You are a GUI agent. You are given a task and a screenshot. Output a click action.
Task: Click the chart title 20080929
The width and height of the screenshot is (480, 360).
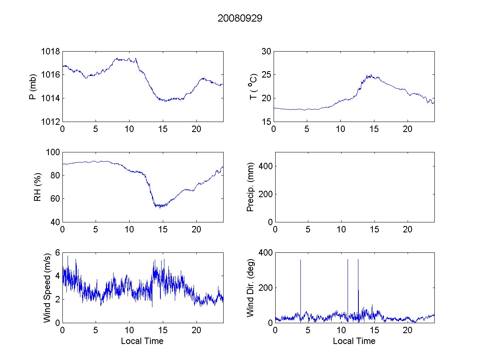[x=240, y=18]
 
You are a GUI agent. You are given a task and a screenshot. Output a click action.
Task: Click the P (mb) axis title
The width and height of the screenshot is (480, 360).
[x=33, y=86]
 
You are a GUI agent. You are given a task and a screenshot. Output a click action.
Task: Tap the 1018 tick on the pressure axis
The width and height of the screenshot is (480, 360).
[x=50, y=52]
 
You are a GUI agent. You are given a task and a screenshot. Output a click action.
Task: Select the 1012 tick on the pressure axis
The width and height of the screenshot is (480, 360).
[x=50, y=122]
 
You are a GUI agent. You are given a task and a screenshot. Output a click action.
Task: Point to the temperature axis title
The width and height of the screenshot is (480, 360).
[x=253, y=86]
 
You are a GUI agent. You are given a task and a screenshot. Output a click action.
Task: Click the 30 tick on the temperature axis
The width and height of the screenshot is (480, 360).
[x=266, y=52]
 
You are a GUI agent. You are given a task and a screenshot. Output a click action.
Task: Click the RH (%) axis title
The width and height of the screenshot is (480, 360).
[x=38, y=187]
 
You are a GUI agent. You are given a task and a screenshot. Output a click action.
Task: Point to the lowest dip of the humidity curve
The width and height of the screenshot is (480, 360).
[x=160, y=207]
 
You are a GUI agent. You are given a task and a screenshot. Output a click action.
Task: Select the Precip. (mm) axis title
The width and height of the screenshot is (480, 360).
[x=250, y=187]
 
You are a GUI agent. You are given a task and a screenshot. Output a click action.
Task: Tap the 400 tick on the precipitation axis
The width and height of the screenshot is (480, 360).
[x=266, y=166]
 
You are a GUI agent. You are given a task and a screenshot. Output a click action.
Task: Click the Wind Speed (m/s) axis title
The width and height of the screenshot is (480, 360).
[x=47, y=288]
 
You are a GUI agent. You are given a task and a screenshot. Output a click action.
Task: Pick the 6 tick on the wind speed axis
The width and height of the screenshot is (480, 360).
[x=57, y=253]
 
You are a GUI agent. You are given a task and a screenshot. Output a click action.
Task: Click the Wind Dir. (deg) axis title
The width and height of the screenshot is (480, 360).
[x=250, y=288]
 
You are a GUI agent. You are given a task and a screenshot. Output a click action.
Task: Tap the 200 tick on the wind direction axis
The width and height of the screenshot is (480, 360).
[x=266, y=288]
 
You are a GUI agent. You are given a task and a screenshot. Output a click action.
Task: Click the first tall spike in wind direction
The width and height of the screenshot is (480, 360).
[x=300, y=260]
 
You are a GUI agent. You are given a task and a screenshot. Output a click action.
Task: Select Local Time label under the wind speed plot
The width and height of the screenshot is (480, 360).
[x=142, y=341]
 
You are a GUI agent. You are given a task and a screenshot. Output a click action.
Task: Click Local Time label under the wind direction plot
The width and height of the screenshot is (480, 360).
[x=354, y=341]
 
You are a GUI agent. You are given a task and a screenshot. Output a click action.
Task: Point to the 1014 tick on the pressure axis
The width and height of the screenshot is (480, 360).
[x=50, y=98]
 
